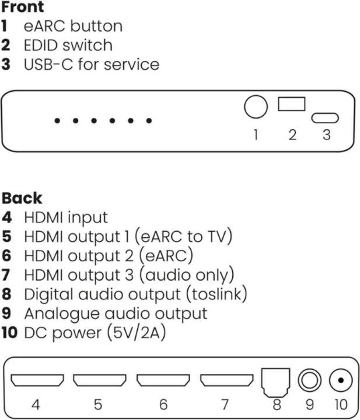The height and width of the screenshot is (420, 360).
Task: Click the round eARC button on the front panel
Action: [x=255, y=107]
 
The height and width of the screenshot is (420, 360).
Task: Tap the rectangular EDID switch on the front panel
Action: [x=292, y=104]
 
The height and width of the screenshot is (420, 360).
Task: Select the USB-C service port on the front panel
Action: [x=326, y=118]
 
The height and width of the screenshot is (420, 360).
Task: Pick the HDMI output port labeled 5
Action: [x=99, y=380]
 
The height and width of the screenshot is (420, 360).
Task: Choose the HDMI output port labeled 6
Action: [x=163, y=380]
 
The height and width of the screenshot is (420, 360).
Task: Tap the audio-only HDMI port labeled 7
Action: [x=226, y=380]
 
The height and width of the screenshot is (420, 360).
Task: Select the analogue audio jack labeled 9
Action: [x=309, y=381]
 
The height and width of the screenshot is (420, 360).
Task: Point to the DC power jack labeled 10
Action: [x=340, y=381]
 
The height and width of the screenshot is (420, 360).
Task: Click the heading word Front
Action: [x=22, y=8]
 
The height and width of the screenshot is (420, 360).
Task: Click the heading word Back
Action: [x=22, y=198]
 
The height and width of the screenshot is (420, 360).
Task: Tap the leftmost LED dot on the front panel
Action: [x=57, y=121]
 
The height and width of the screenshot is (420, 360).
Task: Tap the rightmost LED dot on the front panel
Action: [x=149, y=121]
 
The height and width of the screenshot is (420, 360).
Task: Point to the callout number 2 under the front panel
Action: [x=292, y=135]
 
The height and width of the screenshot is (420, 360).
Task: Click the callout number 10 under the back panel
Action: [x=340, y=404]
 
